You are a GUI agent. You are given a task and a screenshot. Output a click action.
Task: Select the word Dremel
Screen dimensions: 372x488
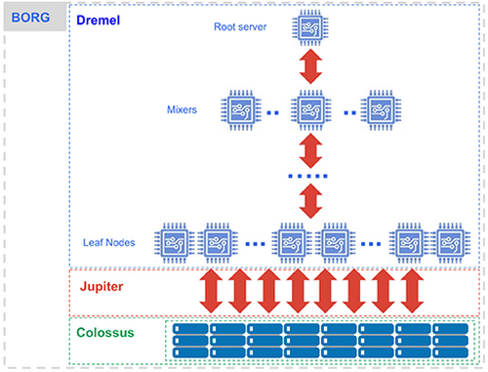[x=104, y=18]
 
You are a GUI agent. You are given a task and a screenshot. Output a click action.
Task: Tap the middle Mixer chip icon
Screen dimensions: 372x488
[x=310, y=109]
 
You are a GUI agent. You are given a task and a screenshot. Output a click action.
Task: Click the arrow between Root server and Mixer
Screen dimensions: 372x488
[x=310, y=67]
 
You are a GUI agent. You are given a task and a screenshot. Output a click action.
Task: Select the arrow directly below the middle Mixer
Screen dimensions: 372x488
[x=310, y=151]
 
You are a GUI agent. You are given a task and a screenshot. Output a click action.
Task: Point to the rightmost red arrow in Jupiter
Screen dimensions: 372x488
[x=411, y=290]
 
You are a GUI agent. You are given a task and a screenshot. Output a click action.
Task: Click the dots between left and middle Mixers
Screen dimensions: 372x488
[x=275, y=111]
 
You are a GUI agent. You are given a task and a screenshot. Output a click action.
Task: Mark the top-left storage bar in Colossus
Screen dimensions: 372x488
[x=191, y=330]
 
